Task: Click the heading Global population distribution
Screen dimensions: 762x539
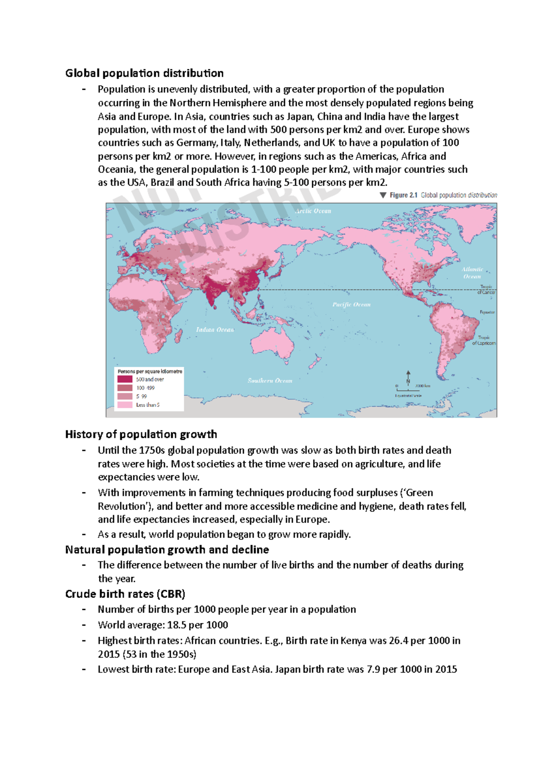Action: click(x=144, y=73)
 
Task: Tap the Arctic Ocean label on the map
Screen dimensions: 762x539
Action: click(x=313, y=211)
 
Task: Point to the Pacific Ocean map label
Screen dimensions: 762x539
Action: click(x=351, y=305)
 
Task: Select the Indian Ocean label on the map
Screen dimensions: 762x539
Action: click(x=215, y=330)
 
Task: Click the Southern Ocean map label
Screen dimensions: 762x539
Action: click(x=270, y=381)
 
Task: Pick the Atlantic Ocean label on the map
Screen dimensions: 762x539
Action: click(x=473, y=273)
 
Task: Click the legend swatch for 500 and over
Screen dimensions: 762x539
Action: click(x=125, y=379)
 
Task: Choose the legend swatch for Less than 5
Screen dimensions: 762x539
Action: click(x=125, y=405)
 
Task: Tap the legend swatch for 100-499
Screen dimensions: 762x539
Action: click(x=125, y=388)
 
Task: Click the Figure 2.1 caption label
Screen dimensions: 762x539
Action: click(x=403, y=195)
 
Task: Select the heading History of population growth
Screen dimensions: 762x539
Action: click(x=141, y=434)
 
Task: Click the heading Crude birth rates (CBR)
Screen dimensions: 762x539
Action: click(x=125, y=594)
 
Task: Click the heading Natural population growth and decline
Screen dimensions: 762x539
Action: click(x=167, y=550)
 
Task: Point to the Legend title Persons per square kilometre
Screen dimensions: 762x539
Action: click(x=150, y=372)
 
